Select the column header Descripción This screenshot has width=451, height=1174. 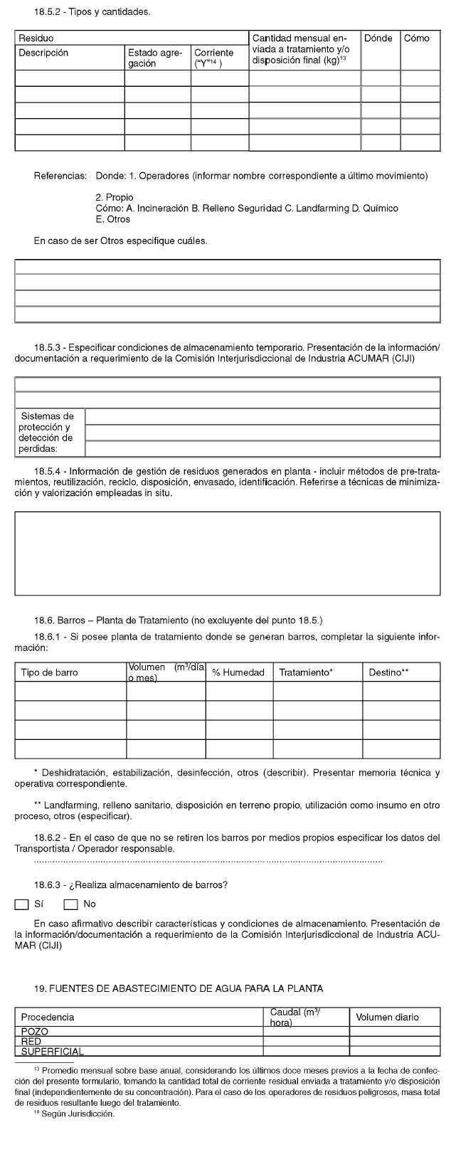click(x=43, y=53)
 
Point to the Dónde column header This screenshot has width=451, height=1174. click(x=378, y=38)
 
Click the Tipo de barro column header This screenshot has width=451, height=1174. click(x=48, y=672)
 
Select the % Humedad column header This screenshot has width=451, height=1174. click(x=238, y=672)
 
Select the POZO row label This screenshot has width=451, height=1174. click(x=35, y=1032)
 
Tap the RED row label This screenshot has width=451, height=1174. click(x=31, y=1042)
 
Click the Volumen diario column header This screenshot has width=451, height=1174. click(x=387, y=1017)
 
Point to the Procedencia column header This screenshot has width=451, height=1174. click(x=48, y=1017)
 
